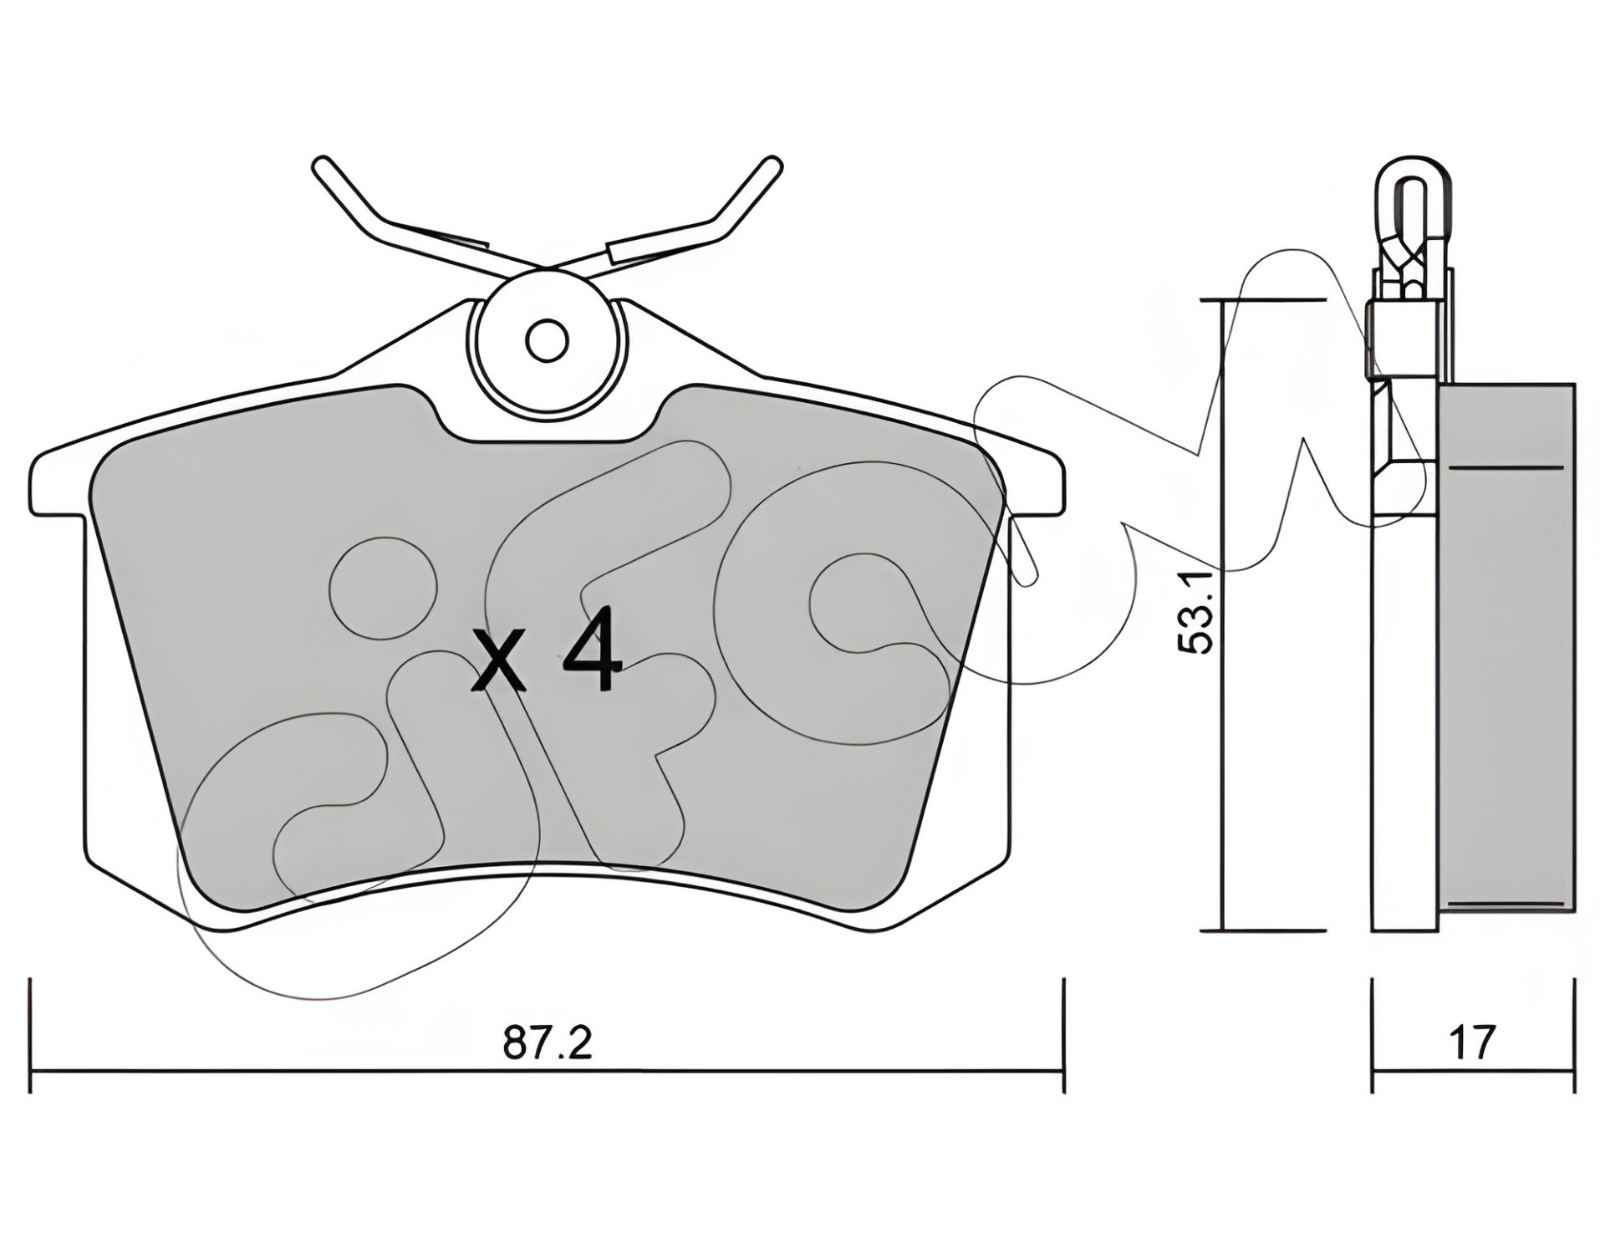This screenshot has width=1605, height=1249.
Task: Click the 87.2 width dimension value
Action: coord(548,1044)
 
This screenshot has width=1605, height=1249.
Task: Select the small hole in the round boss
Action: coord(548,341)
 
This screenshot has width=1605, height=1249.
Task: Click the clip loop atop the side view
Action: coord(1411,201)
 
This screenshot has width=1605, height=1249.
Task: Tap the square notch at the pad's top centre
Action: coord(548,422)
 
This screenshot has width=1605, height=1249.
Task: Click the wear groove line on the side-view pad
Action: coord(1505,467)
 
